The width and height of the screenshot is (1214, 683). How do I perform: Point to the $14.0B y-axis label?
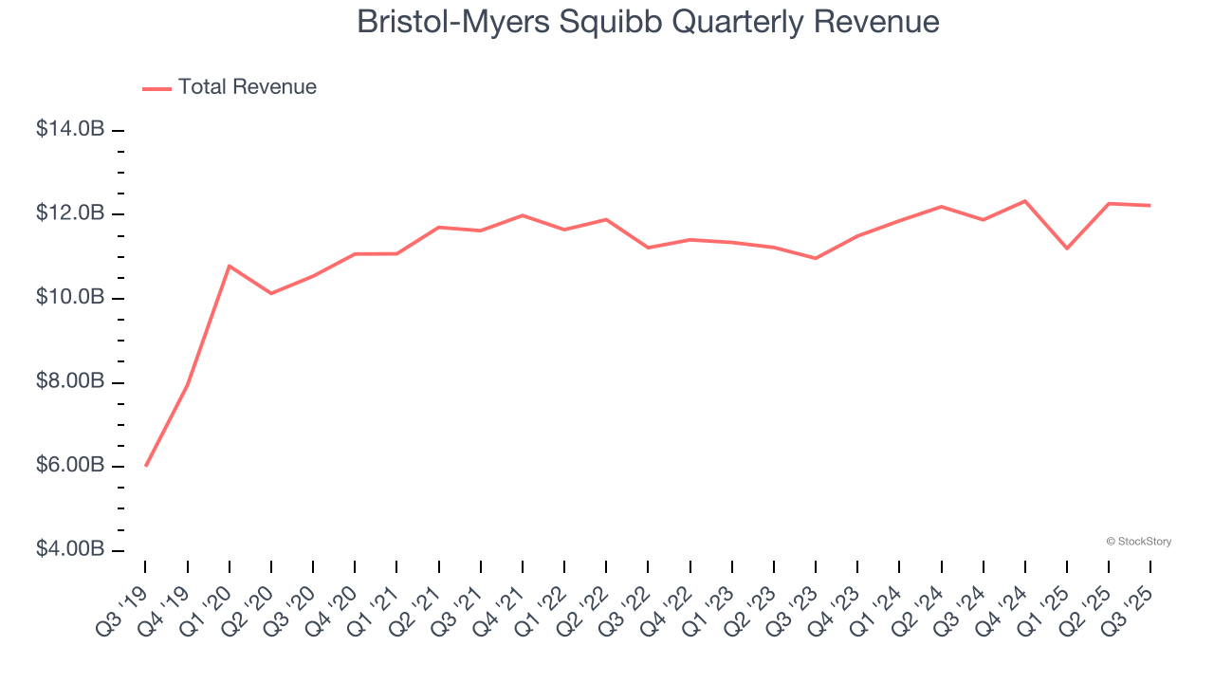(70, 129)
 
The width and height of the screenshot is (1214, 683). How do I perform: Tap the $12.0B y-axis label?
(70, 213)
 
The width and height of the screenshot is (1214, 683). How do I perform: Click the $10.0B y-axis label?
(70, 298)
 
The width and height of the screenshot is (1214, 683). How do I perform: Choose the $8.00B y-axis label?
(70, 382)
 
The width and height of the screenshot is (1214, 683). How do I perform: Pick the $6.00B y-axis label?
(70, 466)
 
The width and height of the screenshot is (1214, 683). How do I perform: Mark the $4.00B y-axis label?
(70, 550)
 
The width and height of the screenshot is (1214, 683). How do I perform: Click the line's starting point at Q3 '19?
(145, 466)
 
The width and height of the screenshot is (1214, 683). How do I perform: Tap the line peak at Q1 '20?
(230, 266)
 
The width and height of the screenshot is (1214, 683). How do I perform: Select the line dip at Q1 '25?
(1067, 249)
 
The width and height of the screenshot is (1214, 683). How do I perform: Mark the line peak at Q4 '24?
(1025, 201)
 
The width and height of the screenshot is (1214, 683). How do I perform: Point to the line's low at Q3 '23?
(816, 258)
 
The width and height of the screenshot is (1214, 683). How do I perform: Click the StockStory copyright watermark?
(1139, 542)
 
